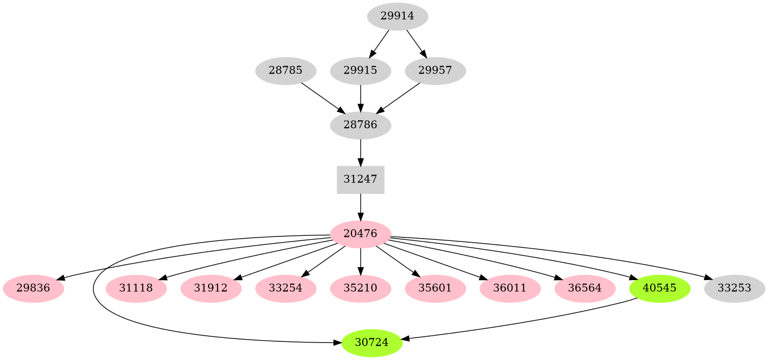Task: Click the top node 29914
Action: pos(397,16)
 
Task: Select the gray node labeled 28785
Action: pos(286,71)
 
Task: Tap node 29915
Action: pos(360,71)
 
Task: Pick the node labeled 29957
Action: pos(435,71)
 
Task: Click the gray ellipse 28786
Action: pos(360,125)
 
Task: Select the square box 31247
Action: pos(360,180)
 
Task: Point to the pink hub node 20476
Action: pos(360,234)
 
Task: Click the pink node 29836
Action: pos(33,288)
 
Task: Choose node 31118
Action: pos(136,288)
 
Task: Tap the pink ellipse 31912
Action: pos(211,288)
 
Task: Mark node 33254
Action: pos(286,288)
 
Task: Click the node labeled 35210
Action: pos(360,288)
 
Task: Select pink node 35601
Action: pos(435,288)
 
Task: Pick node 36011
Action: pos(510,288)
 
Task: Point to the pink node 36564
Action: pos(585,288)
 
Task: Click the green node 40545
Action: pos(660,288)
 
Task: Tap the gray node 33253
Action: pos(735,288)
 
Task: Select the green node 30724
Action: pos(372,342)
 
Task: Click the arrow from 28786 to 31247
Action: pos(360,153)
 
